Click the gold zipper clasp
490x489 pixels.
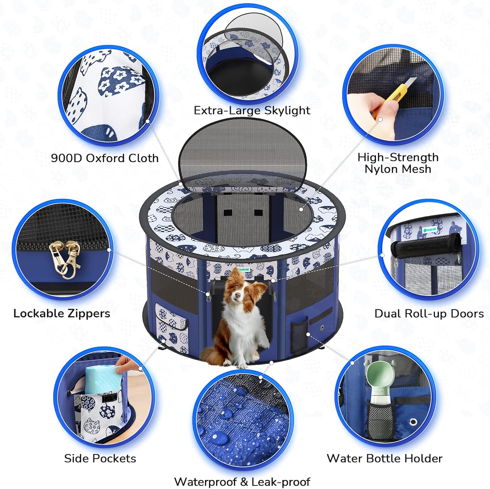(x=65, y=259)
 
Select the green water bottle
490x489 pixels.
(x=380, y=385)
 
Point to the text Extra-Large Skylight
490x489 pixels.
(x=252, y=110)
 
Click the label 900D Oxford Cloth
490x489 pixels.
(x=105, y=158)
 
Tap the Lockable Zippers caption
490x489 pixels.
(x=62, y=313)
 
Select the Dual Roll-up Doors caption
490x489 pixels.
(x=429, y=314)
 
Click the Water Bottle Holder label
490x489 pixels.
(x=384, y=458)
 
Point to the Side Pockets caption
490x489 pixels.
(x=100, y=458)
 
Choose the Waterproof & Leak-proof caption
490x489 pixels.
(x=242, y=482)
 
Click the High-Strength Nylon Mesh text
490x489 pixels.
(x=398, y=163)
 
